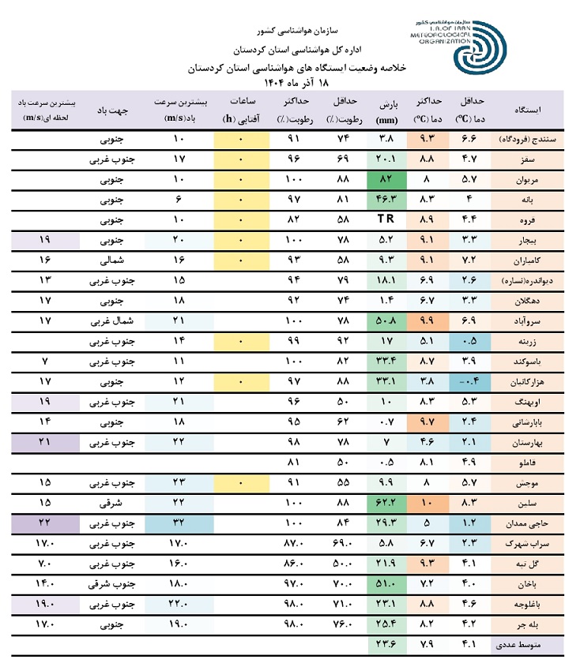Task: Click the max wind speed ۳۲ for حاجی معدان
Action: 179,523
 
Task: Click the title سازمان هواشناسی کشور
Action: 299,32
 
